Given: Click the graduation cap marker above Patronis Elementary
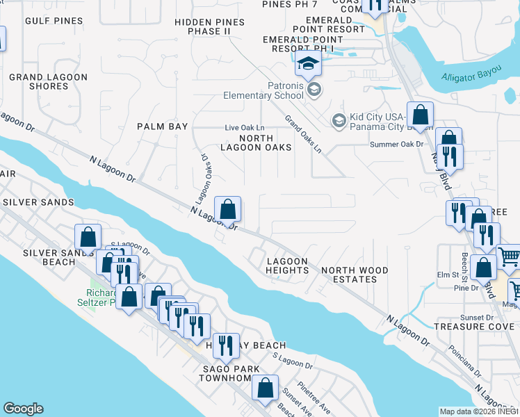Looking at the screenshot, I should (307, 65).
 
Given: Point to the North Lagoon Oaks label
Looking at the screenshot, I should (256, 142).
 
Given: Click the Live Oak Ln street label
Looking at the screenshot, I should (245, 128).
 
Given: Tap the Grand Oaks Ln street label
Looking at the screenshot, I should (303, 133).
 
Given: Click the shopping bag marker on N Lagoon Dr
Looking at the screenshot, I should (227, 208).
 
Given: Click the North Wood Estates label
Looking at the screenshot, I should (354, 275).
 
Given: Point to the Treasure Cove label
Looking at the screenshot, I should (467, 326).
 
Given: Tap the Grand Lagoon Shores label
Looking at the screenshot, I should (49, 81).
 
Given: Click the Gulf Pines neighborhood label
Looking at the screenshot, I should (54, 22).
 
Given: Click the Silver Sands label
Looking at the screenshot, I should (38, 202).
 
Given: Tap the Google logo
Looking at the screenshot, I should (24, 409).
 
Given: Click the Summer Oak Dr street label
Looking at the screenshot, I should (397, 144).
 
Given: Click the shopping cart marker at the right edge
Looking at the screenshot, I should (510, 257).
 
